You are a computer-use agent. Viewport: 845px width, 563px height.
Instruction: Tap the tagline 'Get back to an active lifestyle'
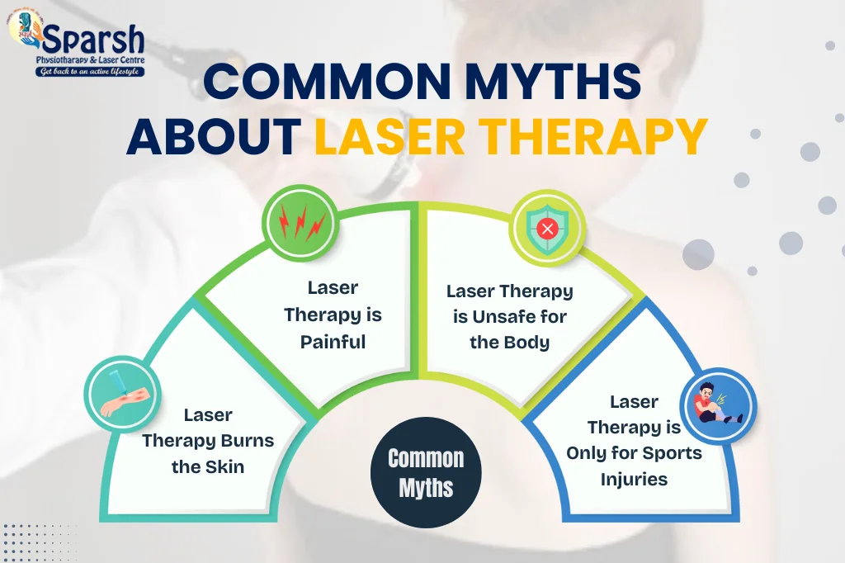click(90, 71)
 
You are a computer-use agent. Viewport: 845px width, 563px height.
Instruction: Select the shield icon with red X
click(548, 229)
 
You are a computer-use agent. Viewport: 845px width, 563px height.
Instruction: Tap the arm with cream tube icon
click(123, 395)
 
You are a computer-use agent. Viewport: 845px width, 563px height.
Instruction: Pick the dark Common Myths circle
click(426, 473)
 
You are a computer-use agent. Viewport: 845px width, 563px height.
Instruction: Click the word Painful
click(333, 342)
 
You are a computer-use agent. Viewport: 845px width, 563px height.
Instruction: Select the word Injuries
click(635, 480)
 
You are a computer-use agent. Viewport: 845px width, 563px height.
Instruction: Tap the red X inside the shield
click(548, 229)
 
